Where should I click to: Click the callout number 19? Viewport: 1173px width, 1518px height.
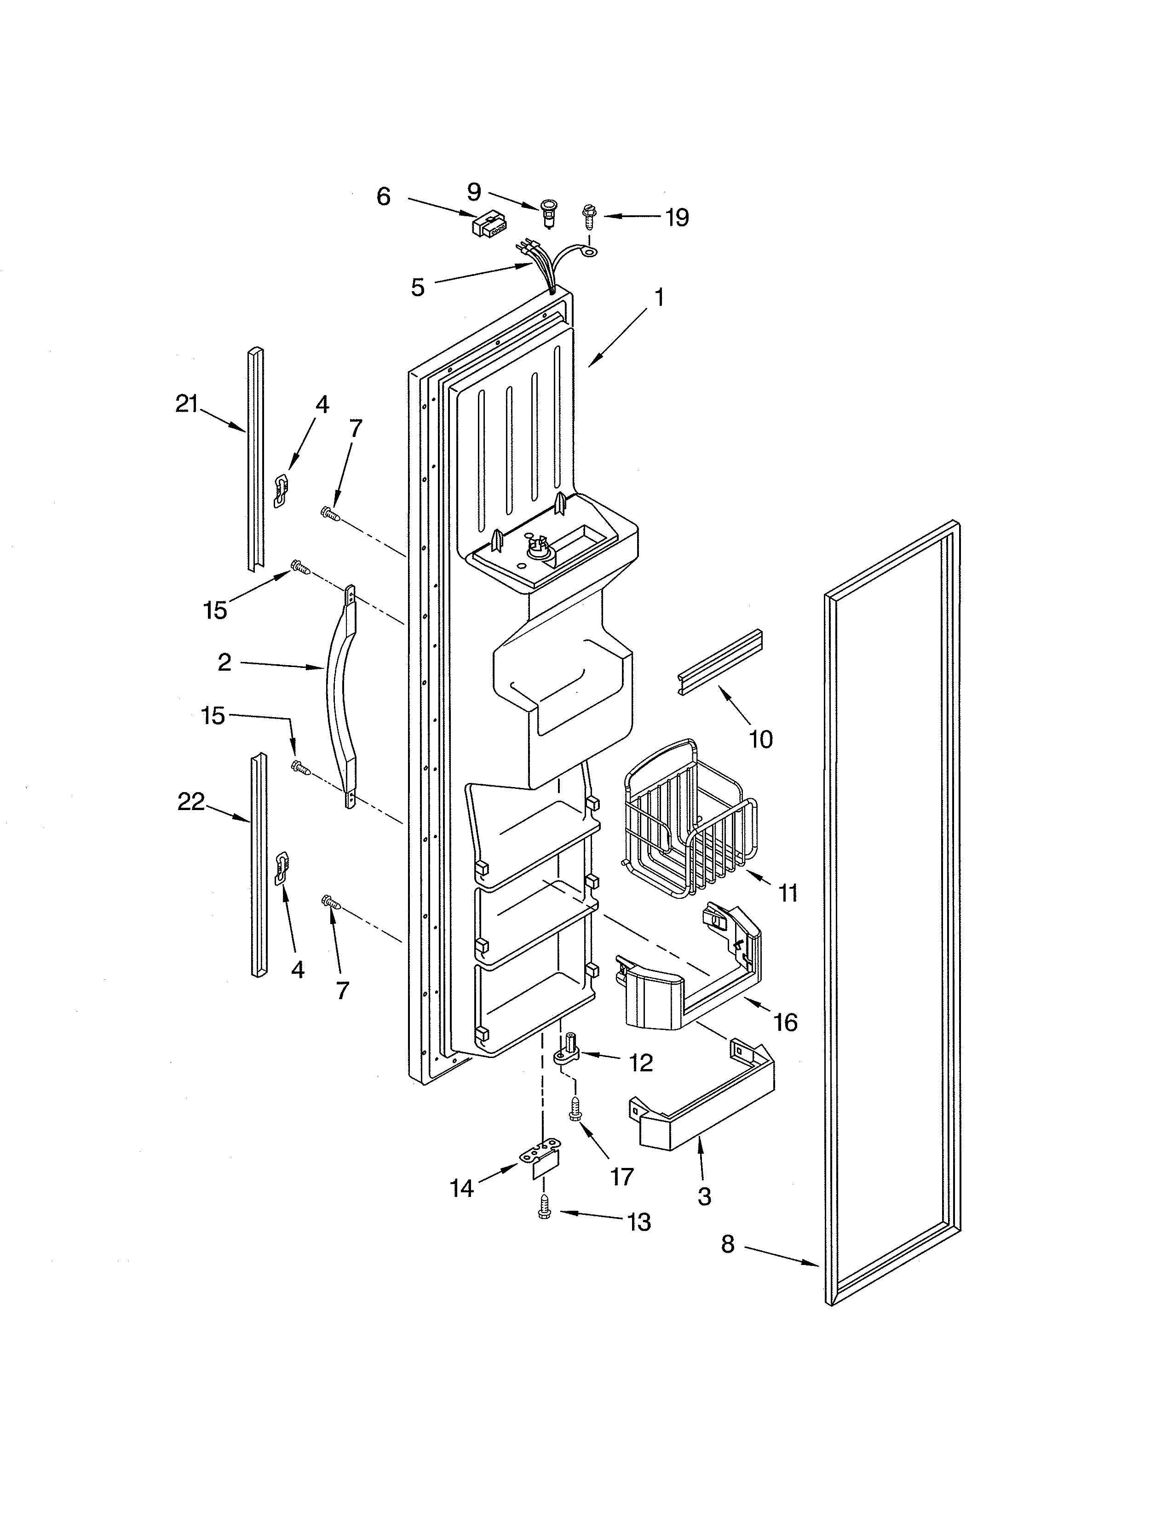676,218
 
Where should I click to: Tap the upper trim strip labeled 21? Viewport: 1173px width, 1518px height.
256,459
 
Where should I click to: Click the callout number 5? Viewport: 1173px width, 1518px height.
417,287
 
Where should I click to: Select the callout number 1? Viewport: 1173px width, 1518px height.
659,298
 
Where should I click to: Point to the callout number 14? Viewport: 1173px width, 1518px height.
461,1189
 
